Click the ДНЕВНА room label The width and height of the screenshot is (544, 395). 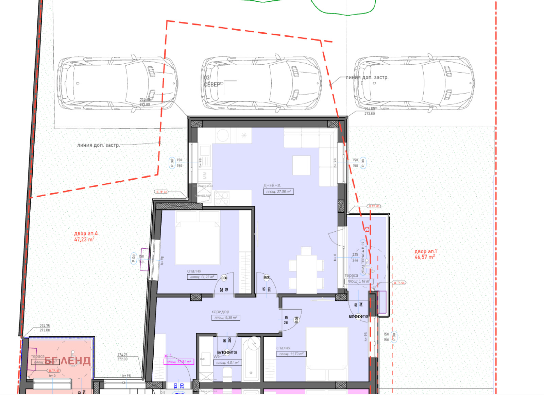[272, 185]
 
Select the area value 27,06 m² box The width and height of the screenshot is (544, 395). [278, 192]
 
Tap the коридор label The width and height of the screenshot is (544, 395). [220, 312]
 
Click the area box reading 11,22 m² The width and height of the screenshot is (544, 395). [202, 277]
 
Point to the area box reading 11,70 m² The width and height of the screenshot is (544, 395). [291, 354]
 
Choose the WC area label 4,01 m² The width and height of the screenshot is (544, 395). [227, 362]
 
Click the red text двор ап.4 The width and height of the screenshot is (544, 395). [86, 233]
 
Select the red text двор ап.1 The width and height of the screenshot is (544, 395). [425, 251]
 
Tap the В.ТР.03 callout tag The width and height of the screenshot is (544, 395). [374, 206]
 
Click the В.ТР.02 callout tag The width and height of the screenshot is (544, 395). [161, 192]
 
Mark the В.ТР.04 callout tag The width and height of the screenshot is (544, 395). [399, 283]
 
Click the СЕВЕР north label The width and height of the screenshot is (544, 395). [212, 85]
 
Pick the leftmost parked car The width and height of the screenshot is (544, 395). [117, 83]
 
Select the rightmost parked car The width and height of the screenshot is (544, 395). [414, 83]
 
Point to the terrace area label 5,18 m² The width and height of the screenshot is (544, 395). [358, 281]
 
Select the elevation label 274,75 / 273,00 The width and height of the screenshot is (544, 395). [45, 328]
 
